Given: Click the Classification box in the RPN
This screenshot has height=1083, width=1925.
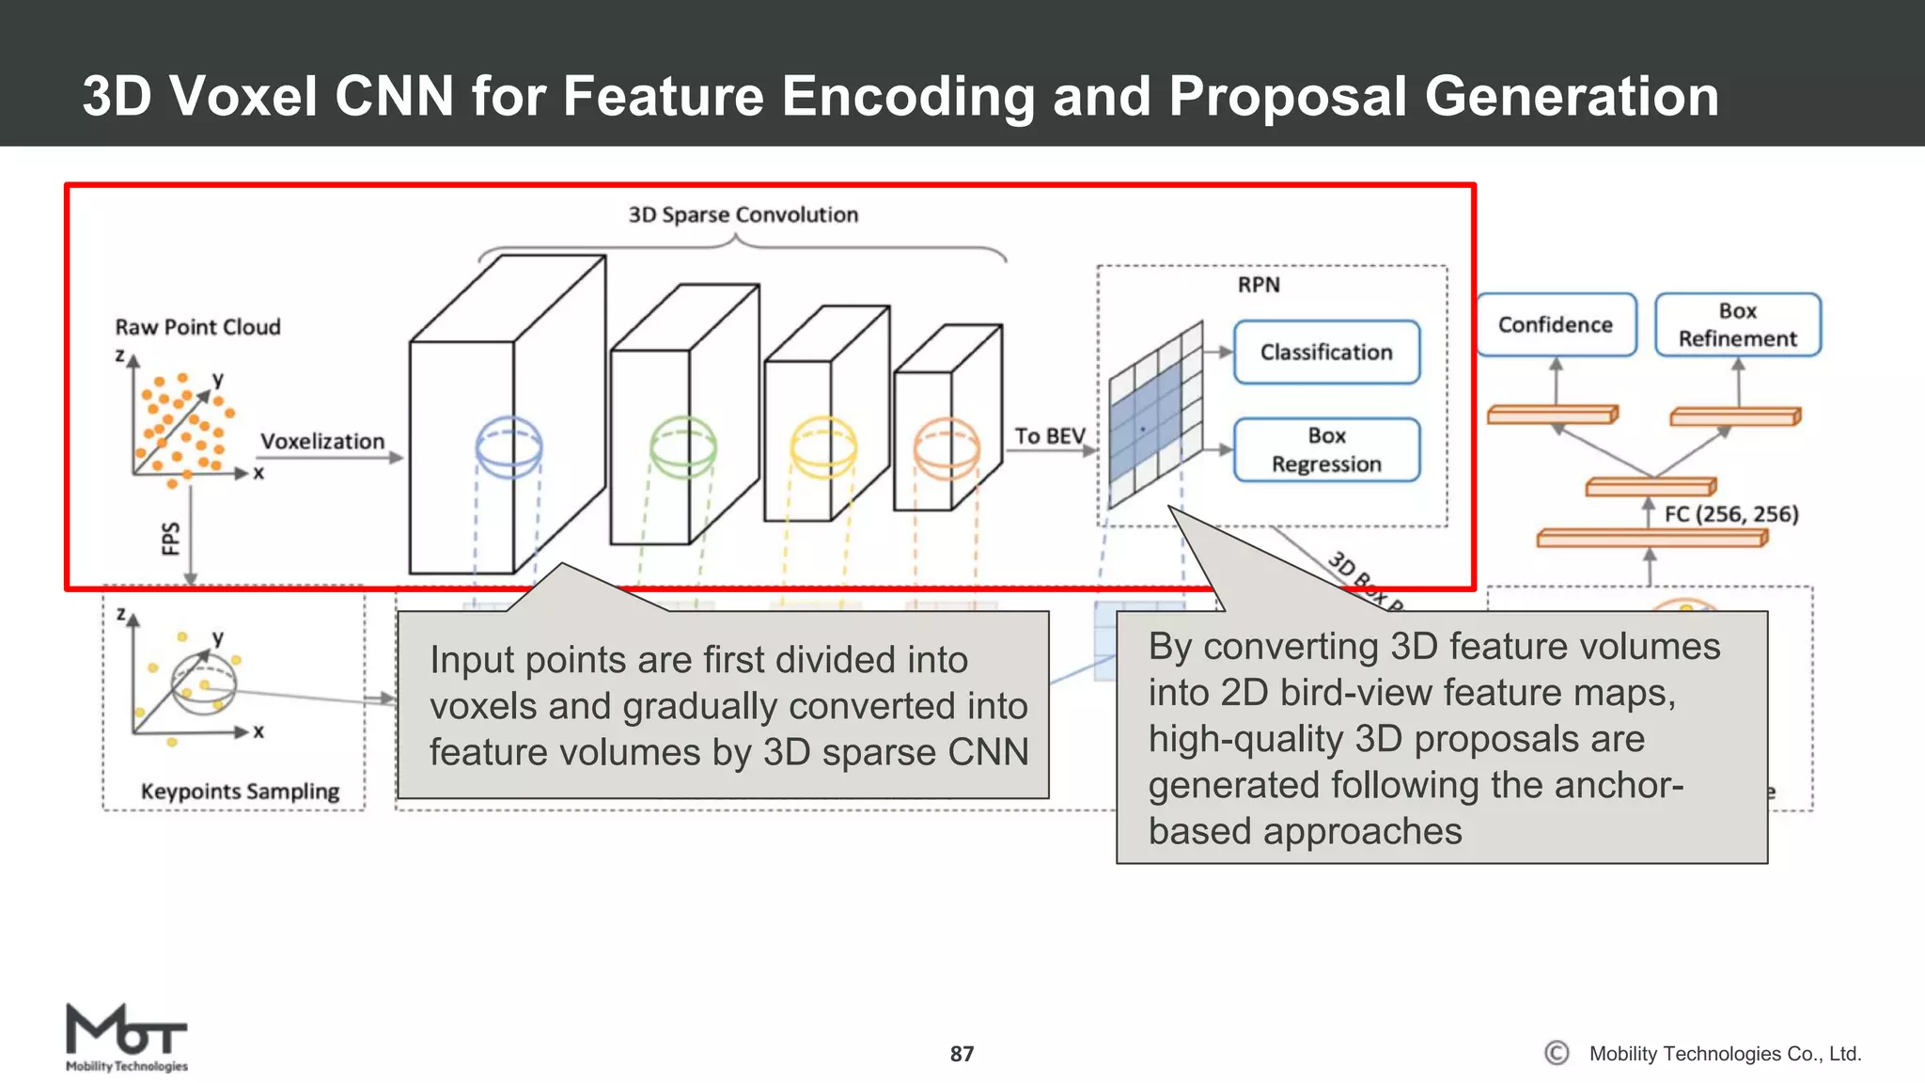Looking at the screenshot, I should (1326, 353).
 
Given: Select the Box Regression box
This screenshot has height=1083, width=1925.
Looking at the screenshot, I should (1326, 450).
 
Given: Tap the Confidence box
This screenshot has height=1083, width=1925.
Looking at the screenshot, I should (1556, 325).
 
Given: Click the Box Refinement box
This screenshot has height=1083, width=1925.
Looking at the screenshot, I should (1737, 325).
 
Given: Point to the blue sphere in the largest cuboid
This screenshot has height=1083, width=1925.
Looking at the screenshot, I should (509, 447).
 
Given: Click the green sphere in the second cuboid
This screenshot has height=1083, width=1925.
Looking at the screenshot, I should (683, 447).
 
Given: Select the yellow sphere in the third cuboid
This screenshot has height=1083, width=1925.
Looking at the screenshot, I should (823, 447).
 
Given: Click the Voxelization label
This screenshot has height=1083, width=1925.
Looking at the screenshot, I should (322, 442).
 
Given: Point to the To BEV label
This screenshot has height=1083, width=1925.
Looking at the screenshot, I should (1049, 436).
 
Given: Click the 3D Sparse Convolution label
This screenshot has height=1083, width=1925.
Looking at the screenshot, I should (743, 215).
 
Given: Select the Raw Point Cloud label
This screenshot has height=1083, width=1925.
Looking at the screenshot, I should (197, 327).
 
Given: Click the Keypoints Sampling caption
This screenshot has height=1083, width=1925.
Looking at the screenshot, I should (240, 792).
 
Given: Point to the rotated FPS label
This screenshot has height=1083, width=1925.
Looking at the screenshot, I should (171, 539).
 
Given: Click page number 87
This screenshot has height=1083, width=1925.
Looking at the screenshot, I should (962, 1054).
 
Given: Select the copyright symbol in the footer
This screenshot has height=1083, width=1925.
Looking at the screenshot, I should (1557, 1053).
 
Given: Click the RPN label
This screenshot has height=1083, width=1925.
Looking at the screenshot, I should (1258, 285).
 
